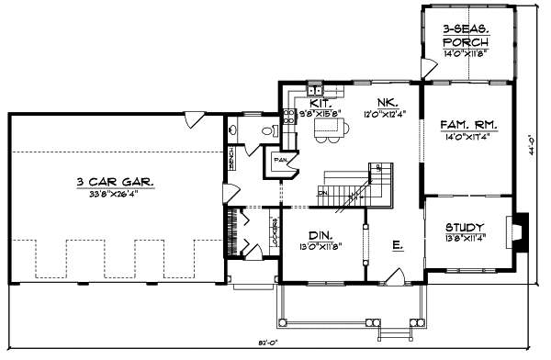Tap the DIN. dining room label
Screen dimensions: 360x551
(x=320, y=234)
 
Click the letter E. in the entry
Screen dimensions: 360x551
(x=397, y=245)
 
